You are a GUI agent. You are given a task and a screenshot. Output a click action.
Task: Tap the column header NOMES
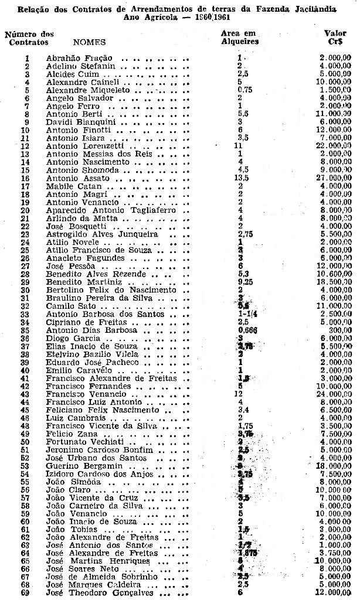(x=89, y=42)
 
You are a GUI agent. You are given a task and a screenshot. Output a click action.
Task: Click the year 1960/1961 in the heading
(x=198, y=17)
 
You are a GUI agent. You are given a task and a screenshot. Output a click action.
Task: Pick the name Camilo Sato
(x=66, y=306)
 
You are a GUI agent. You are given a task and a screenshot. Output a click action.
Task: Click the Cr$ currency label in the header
(x=336, y=42)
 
